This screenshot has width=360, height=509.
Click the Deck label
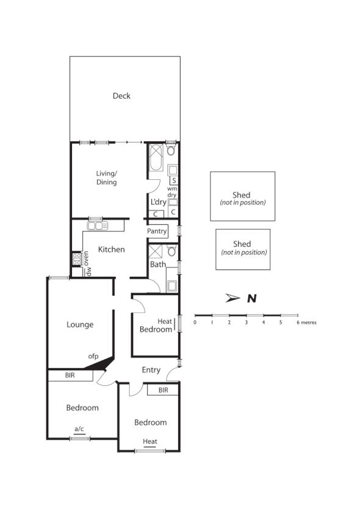tap(121, 96)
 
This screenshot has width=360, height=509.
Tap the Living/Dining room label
tap(106, 178)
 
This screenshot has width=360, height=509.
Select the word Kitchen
tap(112, 249)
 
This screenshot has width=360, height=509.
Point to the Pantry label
tap(157, 232)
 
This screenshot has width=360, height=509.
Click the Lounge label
tap(80, 324)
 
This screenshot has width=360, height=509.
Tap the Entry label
tap(151, 370)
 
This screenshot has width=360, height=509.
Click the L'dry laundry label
tap(157, 201)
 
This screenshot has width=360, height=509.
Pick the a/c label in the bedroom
tap(79, 429)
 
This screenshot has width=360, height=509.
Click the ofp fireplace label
tap(93, 357)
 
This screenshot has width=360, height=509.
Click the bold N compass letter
tap(251, 298)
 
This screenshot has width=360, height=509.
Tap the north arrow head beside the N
tap(232, 298)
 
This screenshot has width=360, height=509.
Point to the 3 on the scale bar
tap(246, 322)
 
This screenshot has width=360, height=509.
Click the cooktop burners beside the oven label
tap(77, 259)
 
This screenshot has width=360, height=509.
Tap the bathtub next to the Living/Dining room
tap(154, 158)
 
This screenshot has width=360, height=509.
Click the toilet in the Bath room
tap(171, 251)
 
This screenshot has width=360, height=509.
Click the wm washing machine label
tap(172, 188)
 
